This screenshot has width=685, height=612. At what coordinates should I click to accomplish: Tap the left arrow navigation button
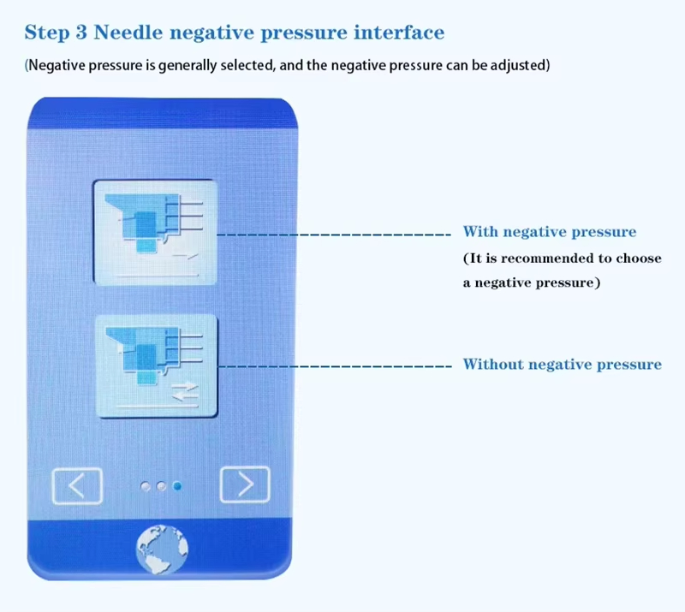(x=77, y=486)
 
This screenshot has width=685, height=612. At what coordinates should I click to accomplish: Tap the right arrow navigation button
(x=245, y=484)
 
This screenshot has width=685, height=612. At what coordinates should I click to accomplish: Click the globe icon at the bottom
(x=162, y=550)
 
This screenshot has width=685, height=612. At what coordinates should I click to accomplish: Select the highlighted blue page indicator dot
(x=177, y=486)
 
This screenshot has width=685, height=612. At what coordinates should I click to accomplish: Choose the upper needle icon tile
(x=156, y=233)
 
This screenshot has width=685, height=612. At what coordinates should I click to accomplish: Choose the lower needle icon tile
(x=157, y=366)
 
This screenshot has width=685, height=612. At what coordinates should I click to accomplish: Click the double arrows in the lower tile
(x=185, y=391)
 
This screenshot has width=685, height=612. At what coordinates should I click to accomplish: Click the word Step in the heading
(x=45, y=33)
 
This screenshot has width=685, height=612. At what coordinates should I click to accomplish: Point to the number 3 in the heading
(x=81, y=33)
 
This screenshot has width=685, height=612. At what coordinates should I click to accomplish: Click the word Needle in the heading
(x=128, y=33)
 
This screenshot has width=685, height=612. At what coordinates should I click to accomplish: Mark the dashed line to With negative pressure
(x=334, y=235)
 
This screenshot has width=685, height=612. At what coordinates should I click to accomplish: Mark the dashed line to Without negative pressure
(x=335, y=366)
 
